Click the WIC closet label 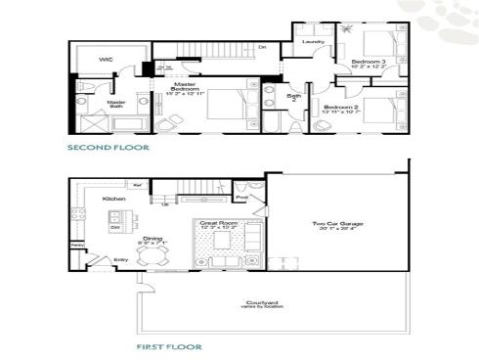tap(106, 60)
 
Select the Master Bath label tap(116, 103)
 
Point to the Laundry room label tap(313, 42)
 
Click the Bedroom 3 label tap(370, 63)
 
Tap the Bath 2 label tap(294, 99)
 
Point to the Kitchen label tap(114, 200)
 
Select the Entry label tap(121, 259)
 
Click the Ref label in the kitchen tap(138, 185)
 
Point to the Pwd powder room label tap(240, 198)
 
